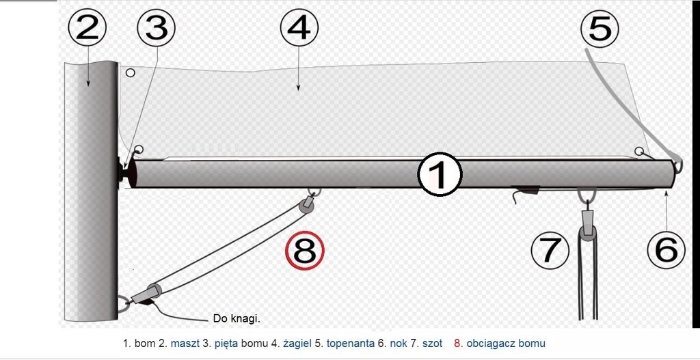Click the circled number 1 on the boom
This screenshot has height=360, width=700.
tap(440, 175)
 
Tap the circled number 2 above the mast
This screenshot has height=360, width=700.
tap(87, 27)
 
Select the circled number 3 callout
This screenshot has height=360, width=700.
tap(156, 27)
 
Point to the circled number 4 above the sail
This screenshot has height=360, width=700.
tap(299, 27)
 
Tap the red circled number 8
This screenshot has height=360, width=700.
tap(305, 251)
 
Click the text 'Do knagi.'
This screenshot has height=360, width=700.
tap(236, 319)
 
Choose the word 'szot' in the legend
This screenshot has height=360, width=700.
tap(433, 344)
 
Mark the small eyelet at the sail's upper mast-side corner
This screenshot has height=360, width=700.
tap(130, 72)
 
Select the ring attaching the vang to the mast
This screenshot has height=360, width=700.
tap(124, 304)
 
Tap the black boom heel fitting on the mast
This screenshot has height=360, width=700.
tap(122, 169)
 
